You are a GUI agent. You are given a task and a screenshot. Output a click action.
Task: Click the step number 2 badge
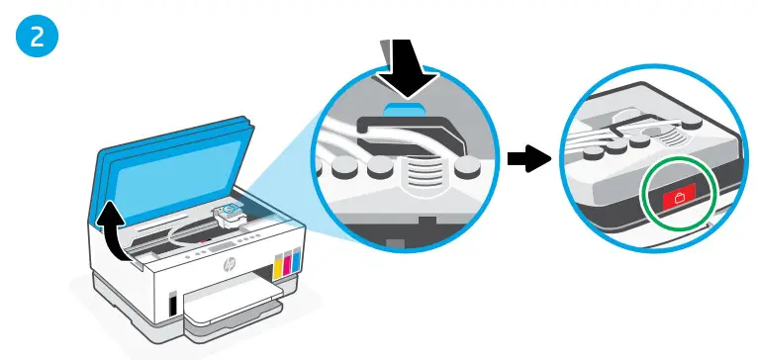click(37, 37)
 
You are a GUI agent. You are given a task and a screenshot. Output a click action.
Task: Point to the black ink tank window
click(174, 303)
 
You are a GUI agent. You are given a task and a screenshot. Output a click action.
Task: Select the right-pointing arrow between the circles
click(524, 158)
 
